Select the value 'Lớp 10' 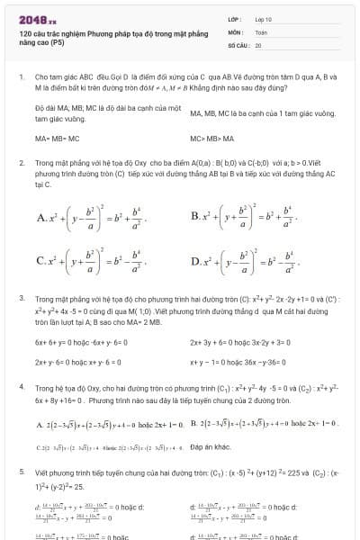click(x=264, y=18)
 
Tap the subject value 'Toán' click(x=261, y=31)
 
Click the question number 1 click(x=21, y=77)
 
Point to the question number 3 click(x=21, y=296)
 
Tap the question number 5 click(x=21, y=471)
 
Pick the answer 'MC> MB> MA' click(x=212, y=139)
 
